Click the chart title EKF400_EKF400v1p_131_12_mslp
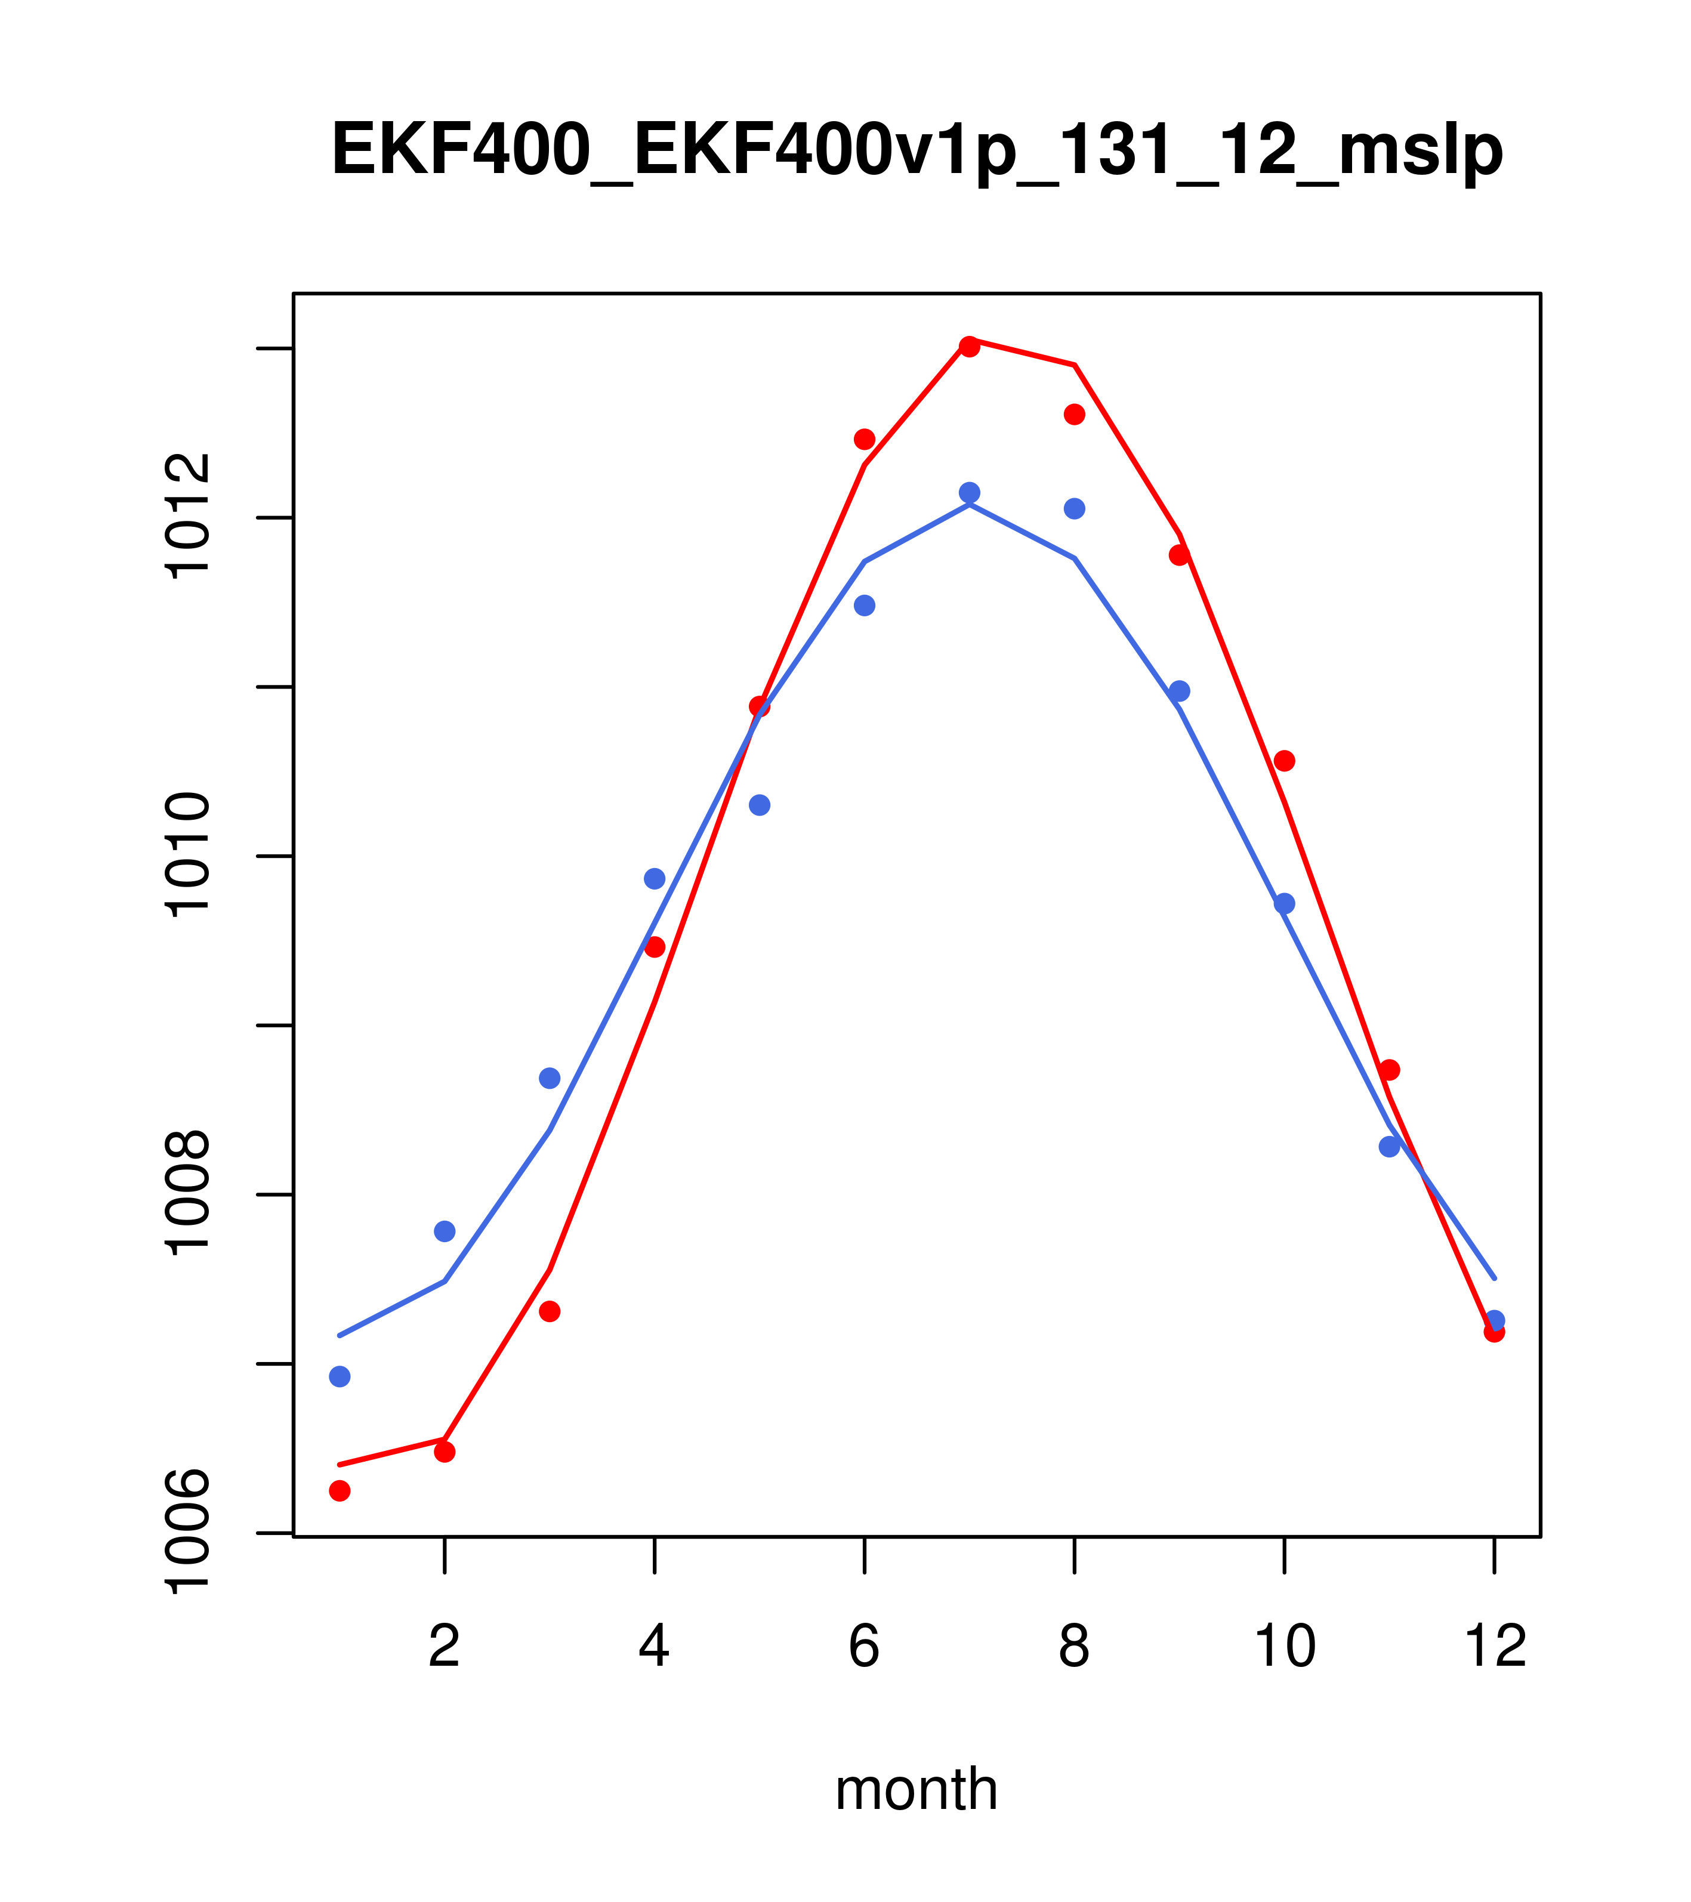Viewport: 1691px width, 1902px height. click(x=917, y=150)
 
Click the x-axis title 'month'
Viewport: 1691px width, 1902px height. click(x=916, y=1789)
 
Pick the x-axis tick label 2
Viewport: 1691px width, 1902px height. click(x=445, y=1647)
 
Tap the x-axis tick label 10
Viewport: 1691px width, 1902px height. click(x=1284, y=1647)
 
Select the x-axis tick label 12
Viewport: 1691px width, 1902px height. click(x=1495, y=1647)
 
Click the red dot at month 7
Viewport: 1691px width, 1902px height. click(x=969, y=346)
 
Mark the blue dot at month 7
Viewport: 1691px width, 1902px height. click(x=969, y=492)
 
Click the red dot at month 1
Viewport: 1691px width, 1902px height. click(x=340, y=1491)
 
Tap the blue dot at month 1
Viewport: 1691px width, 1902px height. click(x=340, y=1376)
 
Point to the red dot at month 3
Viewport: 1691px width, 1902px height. click(x=550, y=1311)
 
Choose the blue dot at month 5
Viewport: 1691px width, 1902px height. click(x=760, y=805)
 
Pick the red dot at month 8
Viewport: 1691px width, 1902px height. click(x=1074, y=414)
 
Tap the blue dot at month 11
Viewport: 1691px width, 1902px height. click(x=1390, y=1147)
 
